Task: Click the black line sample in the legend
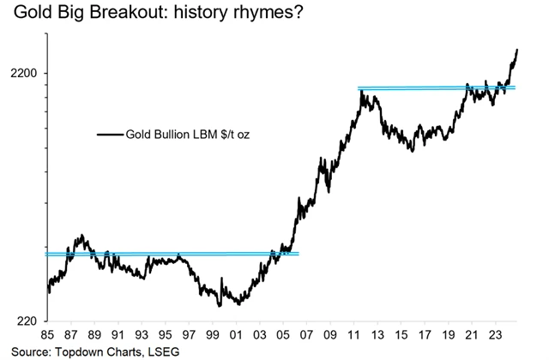(110, 134)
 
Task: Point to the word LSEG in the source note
(169, 351)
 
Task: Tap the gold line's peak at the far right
(518, 51)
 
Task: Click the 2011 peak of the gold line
(362, 91)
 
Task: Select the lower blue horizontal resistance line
(172, 254)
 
